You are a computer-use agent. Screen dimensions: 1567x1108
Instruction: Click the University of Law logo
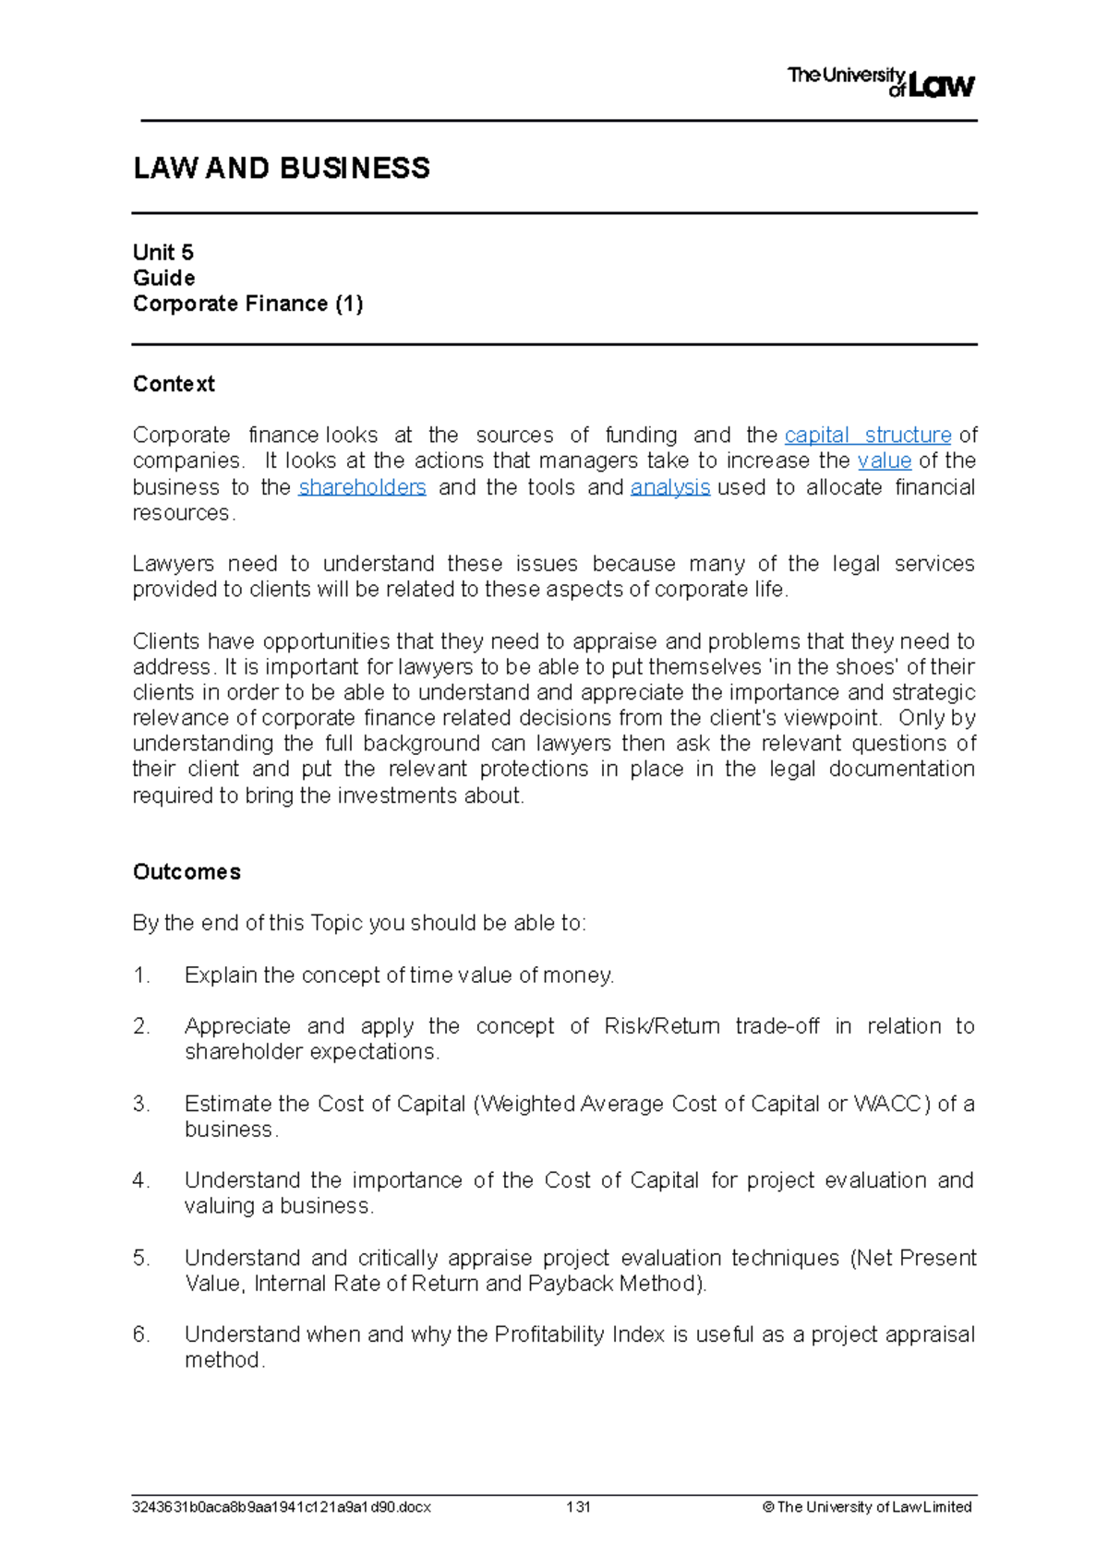click(x=880, y=82)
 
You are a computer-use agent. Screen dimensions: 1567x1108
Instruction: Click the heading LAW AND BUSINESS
click(x=282, y=168)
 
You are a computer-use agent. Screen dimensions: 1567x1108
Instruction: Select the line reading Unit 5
click(x=163, y=253)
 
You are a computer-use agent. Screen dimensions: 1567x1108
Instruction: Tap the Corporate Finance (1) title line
click(x=247, y=304)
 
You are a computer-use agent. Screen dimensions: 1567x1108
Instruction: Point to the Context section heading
click(x=174, y=384)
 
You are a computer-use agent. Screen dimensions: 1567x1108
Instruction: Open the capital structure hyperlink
click(x=867, y=435)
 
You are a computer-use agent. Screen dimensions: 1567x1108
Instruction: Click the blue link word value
click(x=884, y=461)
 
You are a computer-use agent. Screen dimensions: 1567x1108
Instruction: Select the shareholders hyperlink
click(x=362, y=487)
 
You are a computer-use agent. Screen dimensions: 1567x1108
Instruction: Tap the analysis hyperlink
click(x=669, y=487)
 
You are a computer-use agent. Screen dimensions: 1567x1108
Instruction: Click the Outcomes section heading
click(x=187, y=872)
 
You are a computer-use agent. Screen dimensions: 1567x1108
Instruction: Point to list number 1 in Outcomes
click(x=141, y=975)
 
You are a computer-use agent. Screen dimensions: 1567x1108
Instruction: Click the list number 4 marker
click(x=141, y=1180)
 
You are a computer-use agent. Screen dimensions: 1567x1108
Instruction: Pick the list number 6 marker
click(x=141, y=1334)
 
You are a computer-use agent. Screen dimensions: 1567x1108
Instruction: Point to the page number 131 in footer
click(x=578, y=1507)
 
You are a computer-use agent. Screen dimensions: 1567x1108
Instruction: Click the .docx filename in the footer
click(x=282, y=1507)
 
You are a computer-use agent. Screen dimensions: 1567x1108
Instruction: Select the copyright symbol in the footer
click(x=767, y=1507)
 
